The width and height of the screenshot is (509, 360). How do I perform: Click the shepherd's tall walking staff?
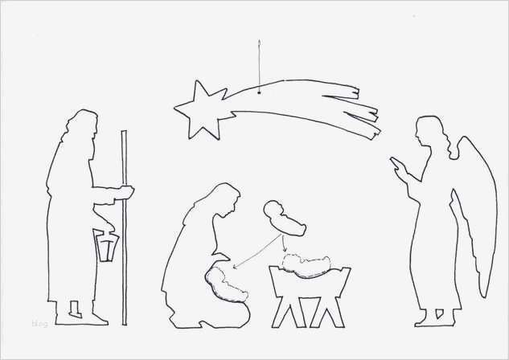tap(124, 241)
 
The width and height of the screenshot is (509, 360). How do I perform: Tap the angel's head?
tap(425, 130)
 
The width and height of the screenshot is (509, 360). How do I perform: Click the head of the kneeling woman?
tap(223, 199)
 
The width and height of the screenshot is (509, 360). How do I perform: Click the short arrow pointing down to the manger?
tap(284, 243)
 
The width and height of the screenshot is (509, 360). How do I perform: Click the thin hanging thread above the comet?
tap(260, 64)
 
